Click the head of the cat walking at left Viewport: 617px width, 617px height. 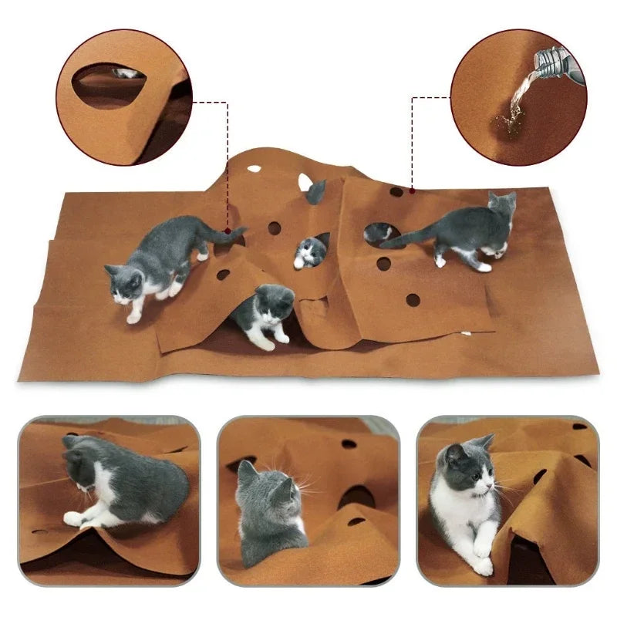124,282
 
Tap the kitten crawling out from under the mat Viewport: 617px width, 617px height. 266,312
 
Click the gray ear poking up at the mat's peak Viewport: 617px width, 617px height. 315,190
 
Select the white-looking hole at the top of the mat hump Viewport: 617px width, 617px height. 254,168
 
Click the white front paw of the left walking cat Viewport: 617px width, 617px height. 133,317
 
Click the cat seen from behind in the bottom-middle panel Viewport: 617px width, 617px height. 270,513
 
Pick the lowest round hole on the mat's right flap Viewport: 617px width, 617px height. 413,299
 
